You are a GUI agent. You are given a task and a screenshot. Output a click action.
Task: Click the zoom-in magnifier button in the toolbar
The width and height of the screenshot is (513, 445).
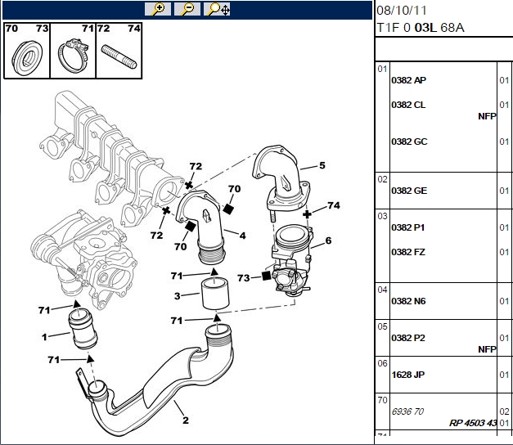[x=158, y=9]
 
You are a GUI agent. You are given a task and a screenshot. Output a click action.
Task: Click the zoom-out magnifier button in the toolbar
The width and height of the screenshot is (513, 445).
[x=187, y=9]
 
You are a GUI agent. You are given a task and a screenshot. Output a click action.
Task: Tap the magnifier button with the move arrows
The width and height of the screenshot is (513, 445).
[x=217, y=9]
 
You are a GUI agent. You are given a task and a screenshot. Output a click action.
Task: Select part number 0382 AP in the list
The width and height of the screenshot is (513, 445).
[x=408, y=80]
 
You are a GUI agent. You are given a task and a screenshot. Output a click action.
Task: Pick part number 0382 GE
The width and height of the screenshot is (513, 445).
[x=409, y=191]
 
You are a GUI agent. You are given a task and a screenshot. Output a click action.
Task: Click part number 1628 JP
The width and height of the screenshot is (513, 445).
[x=408, y=375]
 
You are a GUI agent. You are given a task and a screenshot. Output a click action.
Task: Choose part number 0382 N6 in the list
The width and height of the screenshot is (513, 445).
[x=408, y=301]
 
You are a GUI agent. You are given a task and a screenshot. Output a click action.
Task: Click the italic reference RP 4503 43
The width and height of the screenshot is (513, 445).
[x=473, y=423]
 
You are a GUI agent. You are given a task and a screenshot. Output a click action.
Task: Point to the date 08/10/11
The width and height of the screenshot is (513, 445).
[x=402, y=11]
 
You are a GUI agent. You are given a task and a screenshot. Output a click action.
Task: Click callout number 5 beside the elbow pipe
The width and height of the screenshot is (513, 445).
[x=322, y=165]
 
